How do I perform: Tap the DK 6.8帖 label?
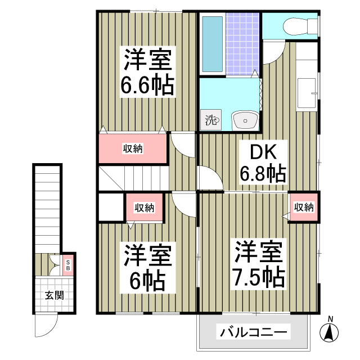click(x=262, y=163)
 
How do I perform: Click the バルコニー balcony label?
click(x=253, y=331)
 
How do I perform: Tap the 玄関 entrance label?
click(x=54, y=295)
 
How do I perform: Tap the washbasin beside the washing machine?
click(x=245, y=120)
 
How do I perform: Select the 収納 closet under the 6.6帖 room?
click(x=133, y=148)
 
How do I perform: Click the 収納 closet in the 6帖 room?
click(x=144, y=208)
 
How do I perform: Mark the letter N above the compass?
click(x=331, y=319)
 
